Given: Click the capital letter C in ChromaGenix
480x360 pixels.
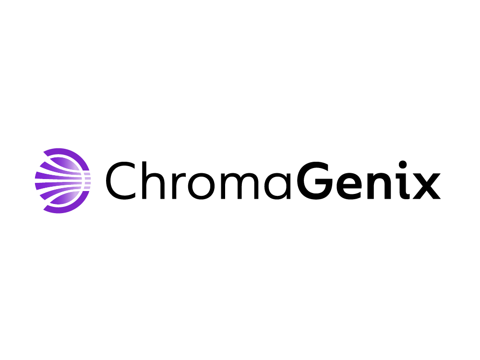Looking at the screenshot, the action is click(120, 180).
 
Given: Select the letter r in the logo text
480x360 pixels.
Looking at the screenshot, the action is click(178, 186).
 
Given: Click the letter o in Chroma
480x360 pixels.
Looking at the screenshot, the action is click(201, 186).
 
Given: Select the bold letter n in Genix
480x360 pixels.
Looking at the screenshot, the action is click(380, 186).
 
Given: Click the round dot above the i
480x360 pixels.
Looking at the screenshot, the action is click(403, 165).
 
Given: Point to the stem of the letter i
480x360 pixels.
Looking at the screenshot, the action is click(404, 186).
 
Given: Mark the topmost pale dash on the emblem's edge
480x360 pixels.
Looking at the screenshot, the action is click(87, 174).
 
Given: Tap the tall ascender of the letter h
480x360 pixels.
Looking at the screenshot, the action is click(144, 180).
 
